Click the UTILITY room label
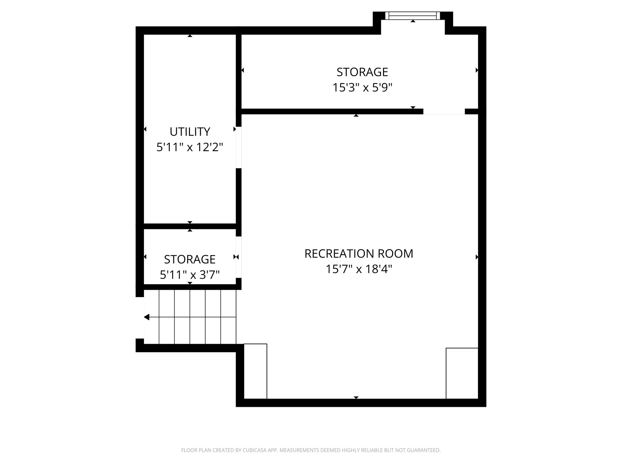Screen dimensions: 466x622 pos(190,132)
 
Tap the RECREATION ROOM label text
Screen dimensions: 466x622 pos(359,254)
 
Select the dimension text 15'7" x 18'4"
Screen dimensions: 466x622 pos(359,269)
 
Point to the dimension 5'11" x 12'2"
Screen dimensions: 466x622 pos(190,147)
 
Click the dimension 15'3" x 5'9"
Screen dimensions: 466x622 pos(362,88)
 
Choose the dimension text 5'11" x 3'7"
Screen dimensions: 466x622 pos(190,275)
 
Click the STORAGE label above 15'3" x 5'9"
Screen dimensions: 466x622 pos(362,72)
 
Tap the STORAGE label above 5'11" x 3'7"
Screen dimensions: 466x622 pos(190,259)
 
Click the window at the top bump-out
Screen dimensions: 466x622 pos(413,16)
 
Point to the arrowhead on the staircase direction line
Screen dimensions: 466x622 pos(147,317)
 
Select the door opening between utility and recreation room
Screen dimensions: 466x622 pos(239,147)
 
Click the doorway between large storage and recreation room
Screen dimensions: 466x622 pos(444,112)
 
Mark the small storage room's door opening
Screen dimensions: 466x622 pos(239,257)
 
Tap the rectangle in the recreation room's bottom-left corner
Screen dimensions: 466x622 pos(255,371)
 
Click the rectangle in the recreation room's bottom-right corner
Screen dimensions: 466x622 pos(462,373)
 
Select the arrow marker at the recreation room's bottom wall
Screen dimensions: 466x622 pos(356,397)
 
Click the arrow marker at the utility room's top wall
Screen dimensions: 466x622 pos(190,36)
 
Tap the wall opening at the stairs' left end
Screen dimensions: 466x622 pos(140,317)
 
